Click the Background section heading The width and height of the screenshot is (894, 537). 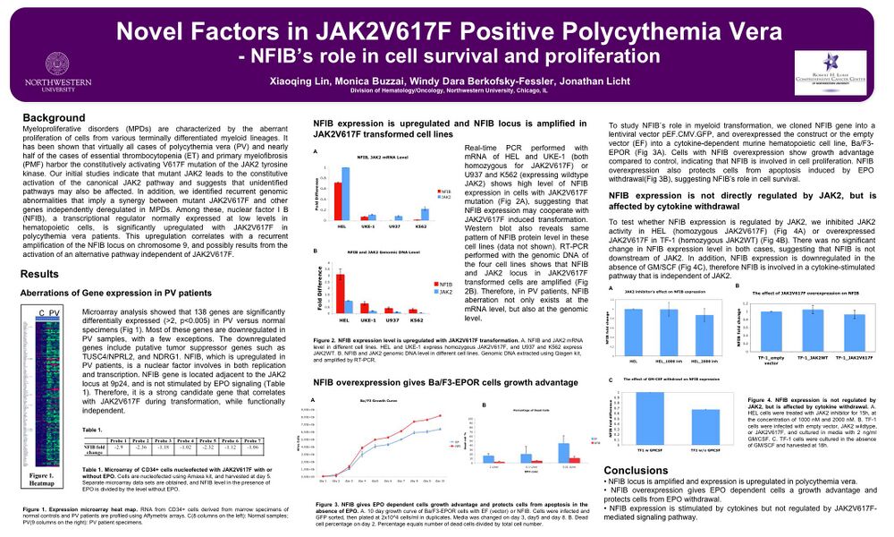click(54, 118)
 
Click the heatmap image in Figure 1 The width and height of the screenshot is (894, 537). click(41, 376)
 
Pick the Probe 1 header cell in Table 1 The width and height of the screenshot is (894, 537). click(116, 441)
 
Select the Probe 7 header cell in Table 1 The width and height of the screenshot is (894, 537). click(253, 441)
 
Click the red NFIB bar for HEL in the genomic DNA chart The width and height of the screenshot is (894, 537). click(341, 281)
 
